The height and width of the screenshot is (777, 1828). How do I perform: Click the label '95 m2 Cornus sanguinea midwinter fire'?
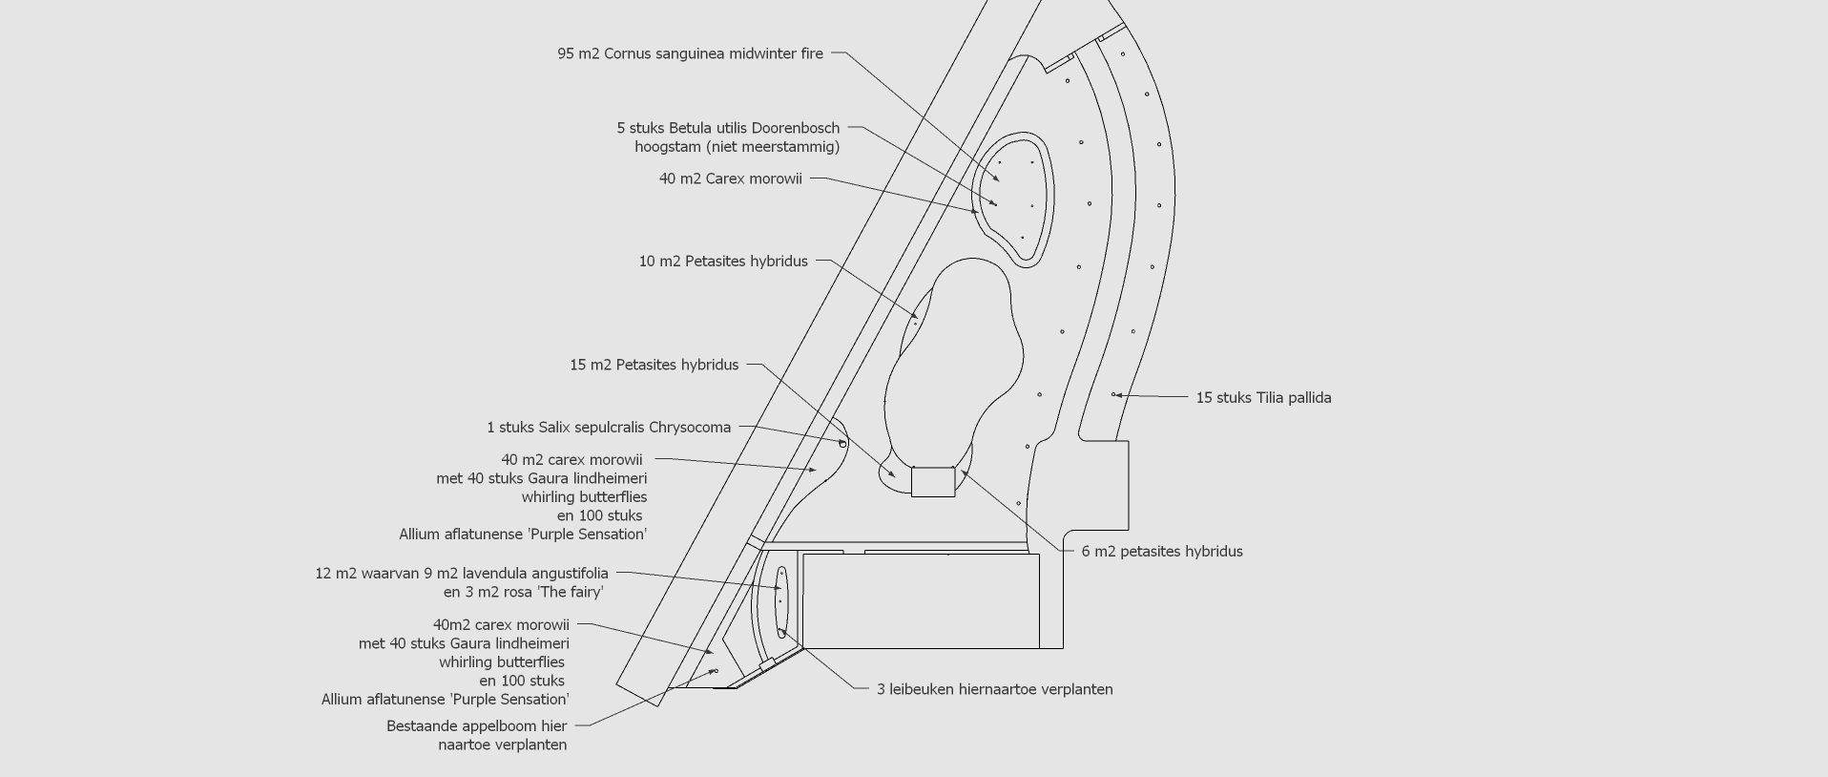pos(690,54)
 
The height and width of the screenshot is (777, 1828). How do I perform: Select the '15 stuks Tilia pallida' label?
pos(1263,398)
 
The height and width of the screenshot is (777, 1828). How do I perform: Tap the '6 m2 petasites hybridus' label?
pos(1162,552)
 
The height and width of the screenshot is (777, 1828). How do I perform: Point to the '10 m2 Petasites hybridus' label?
pos(723,262)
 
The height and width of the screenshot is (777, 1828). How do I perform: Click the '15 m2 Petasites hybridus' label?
pos(654,366)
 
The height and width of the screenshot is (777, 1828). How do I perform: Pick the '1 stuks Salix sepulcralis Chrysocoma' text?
pos(609,428)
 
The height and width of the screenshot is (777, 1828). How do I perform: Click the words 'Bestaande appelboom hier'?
pos(477,726)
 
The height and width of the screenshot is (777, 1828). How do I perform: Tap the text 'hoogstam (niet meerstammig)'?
pos(737,147)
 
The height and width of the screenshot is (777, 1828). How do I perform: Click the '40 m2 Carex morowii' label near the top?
pos(731,179)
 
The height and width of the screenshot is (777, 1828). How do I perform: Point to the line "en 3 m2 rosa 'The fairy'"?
pos(523,593)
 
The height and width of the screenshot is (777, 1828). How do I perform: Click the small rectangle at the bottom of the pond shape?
pos(933,482)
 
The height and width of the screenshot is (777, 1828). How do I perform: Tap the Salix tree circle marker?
pos(842,443)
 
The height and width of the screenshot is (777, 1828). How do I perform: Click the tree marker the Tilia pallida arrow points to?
pos(1113,394)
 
